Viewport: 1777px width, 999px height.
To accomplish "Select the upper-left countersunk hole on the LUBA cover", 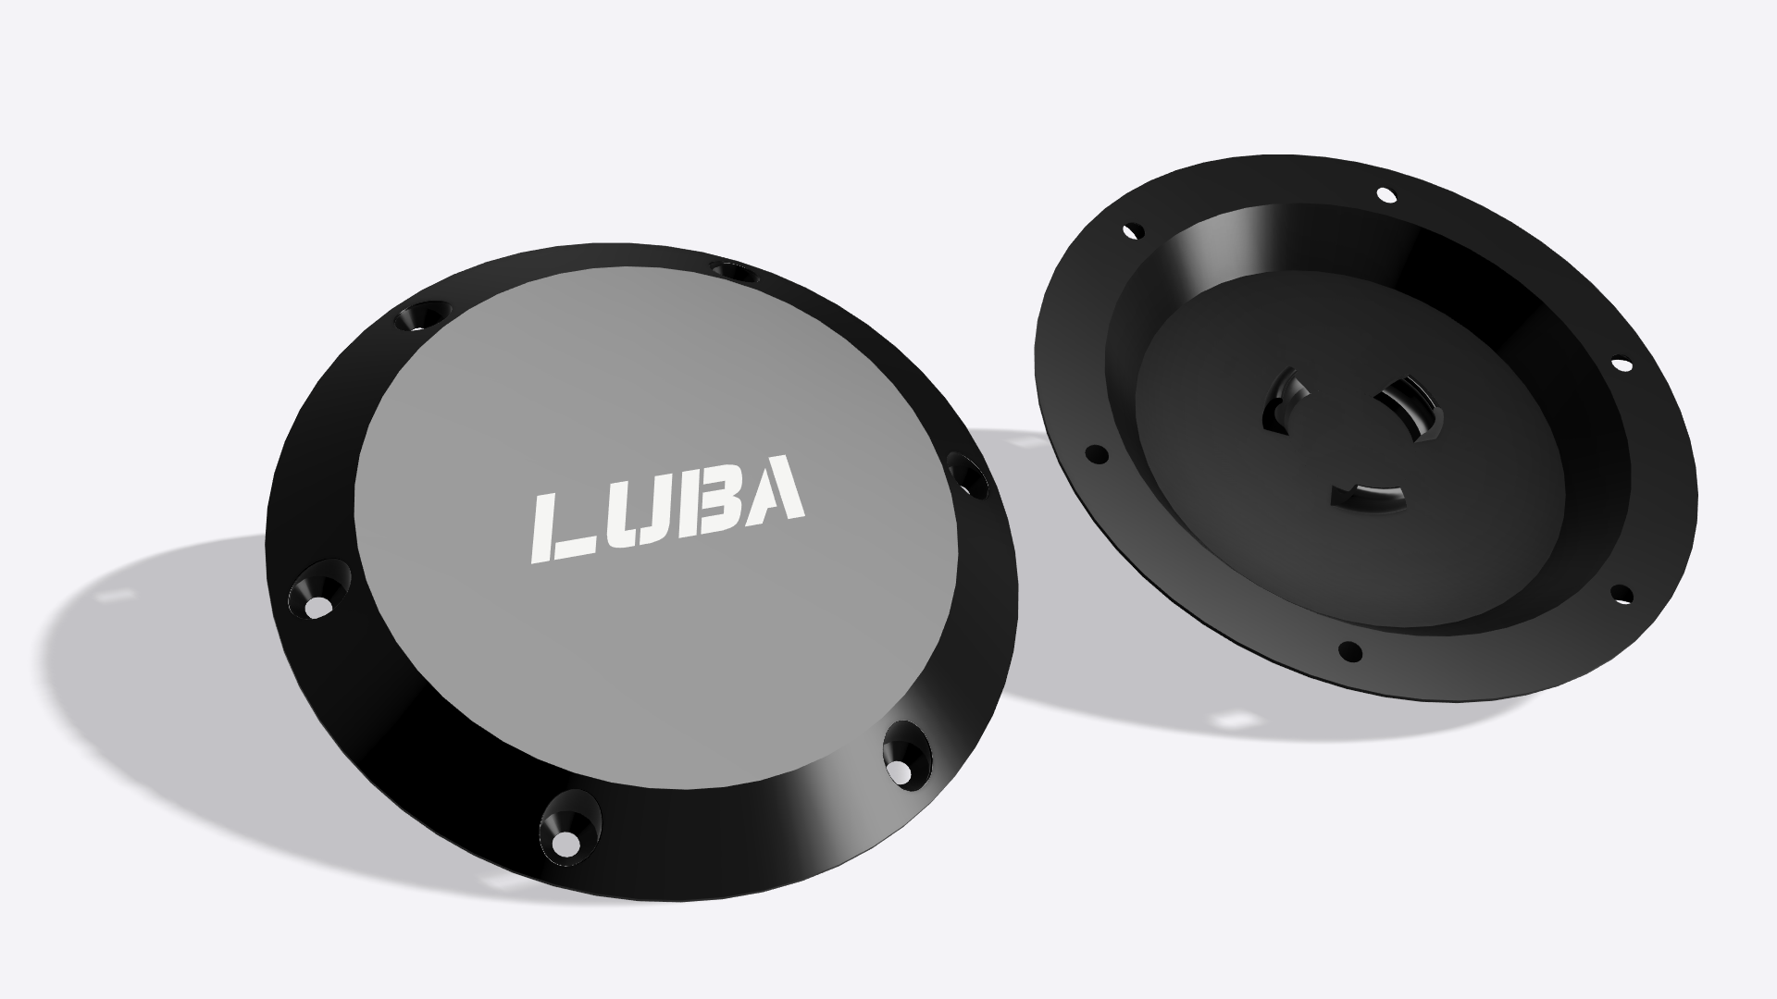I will tap(418, 316).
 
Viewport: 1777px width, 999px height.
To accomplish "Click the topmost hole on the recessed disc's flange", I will tap(1386, 194).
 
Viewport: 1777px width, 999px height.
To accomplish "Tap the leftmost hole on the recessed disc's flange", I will tap(1096, 454).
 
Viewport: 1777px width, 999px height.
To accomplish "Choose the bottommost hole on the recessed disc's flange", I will tap(1350, 651).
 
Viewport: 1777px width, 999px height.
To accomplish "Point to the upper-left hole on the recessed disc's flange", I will tap(1131, 231).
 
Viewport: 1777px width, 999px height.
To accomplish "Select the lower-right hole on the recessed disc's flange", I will tap(1621, 593).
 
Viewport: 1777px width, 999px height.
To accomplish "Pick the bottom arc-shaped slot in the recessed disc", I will tap(1368, 497).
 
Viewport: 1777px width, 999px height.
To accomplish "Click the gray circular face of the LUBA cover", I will tap(648, 388).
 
